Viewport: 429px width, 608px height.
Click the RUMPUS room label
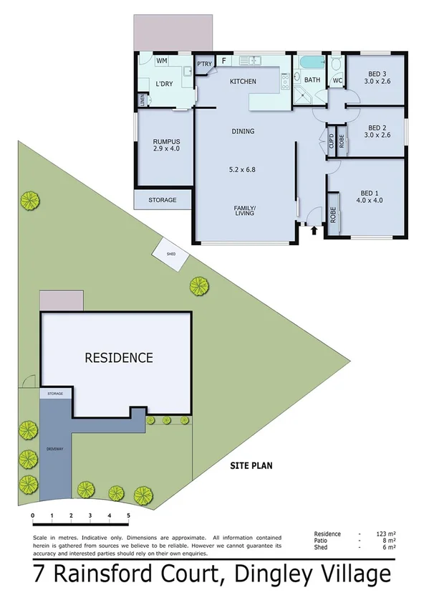tap(165, 141)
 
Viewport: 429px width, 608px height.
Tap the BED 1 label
tap(370, 194)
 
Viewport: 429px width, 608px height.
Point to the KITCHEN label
tap(243, 82)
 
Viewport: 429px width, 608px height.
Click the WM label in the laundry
tap(162, 62)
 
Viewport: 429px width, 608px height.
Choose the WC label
tap(337, 80)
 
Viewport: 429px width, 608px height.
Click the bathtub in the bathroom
tap(312, 63)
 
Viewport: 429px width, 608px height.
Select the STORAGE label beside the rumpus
tap(163, 200)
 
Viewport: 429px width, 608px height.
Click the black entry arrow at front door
tap(314, 229)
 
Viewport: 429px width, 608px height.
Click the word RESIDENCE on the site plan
tap(119, 357)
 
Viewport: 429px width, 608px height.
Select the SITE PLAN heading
tap(251, 465)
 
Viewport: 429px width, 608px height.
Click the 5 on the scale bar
tap(128, 515)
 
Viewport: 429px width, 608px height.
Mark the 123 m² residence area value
tap(387, 534)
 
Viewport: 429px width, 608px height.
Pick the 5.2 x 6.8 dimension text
tap(243, 171)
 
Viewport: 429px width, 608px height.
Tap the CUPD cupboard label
tap(332, 141)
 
